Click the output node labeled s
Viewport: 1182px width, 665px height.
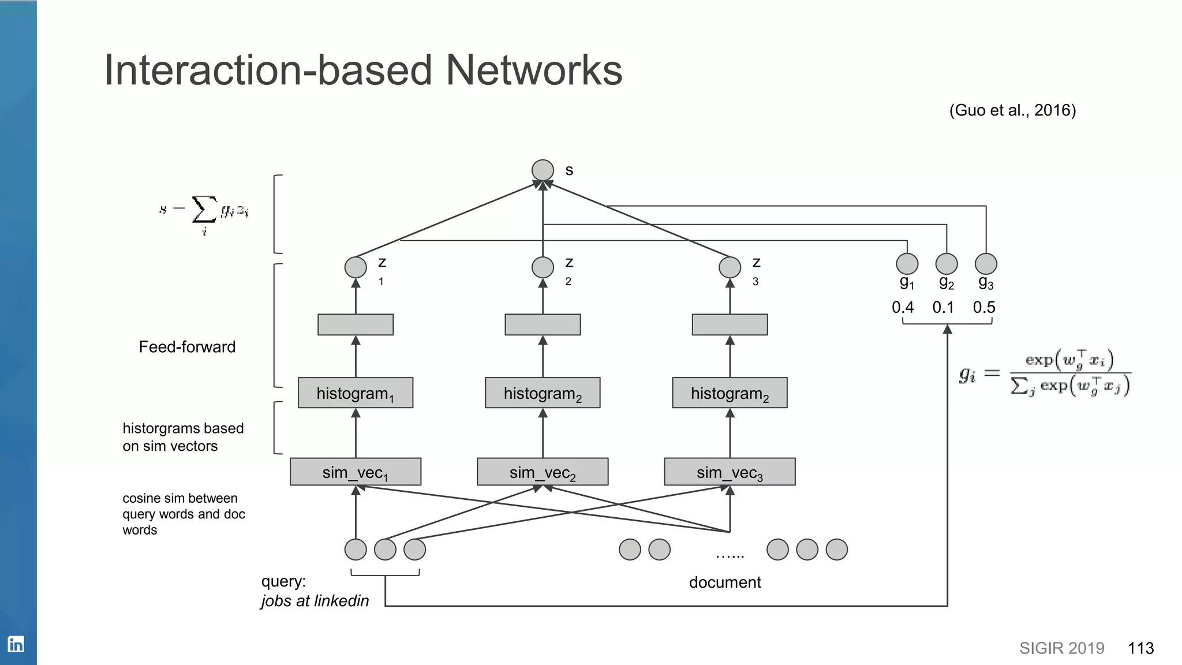coord(543,170)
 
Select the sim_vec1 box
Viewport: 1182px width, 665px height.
coord(356,472)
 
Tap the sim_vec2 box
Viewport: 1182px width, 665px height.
coord(543,472)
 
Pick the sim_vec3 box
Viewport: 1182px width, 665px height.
coord(730,472)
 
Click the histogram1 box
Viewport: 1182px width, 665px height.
coord(356,393)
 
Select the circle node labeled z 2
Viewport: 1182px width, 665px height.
coord(543,267)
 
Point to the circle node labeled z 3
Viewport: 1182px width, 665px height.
coord(730,267)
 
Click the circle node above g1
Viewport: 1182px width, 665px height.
coord(907,264)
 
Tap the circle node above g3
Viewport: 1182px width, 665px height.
coord(986,264)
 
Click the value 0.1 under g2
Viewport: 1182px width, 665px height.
coord(944,307)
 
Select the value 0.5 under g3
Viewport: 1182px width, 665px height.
coord(984,307)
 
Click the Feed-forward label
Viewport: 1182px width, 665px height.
coord(187,347)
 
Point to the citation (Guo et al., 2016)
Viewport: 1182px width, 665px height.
coord(1012,110)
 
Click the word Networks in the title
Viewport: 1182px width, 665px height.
coord(534,70)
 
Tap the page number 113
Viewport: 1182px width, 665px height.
coord(1140,648)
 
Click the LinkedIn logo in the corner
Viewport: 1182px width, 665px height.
coord(16,644)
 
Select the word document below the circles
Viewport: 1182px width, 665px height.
coord(725,582)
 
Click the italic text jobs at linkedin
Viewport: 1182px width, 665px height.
coord(315,601)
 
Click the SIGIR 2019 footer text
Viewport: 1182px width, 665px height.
coord(1061,648)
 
